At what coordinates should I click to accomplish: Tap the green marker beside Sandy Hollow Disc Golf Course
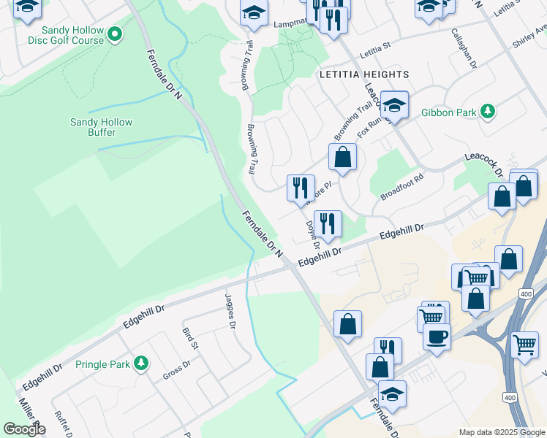coord(115,34)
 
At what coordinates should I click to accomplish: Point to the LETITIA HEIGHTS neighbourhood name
coord(363,74)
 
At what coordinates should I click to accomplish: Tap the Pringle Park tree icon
coord(142,363)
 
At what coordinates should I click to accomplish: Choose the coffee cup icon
coord(437,337)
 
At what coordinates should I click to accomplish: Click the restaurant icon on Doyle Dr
coord(327,223)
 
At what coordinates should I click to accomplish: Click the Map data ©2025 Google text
coord(501,432)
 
